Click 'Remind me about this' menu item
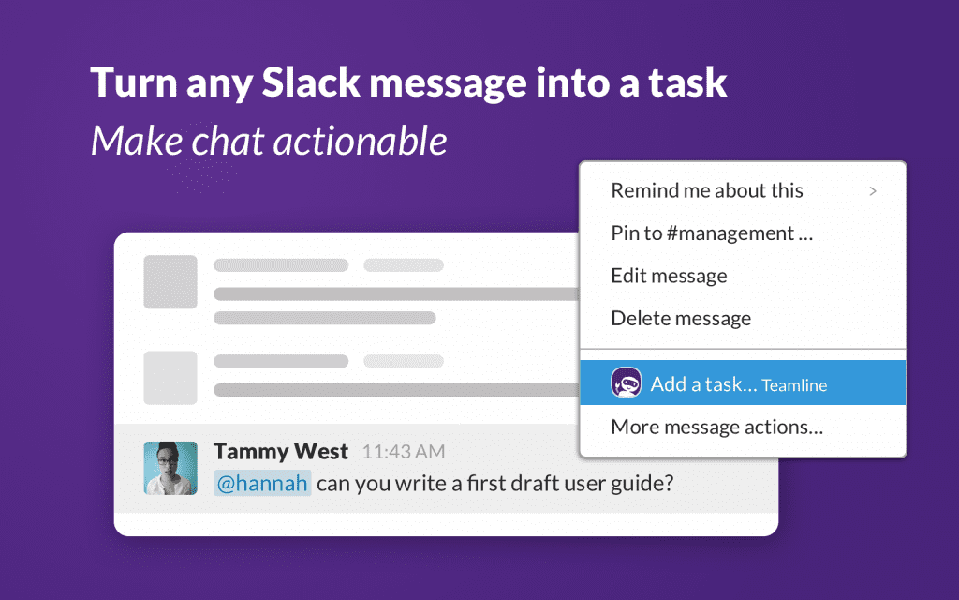(707, 191)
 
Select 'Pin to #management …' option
(712, 233)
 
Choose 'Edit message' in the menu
(669, 276)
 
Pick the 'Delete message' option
(681, 319)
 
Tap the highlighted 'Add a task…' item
(703, 384)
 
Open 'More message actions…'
(716, 427)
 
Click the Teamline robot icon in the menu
(626, 383)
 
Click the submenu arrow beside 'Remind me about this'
(873, 191)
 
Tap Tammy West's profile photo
(170, 468)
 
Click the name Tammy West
(281, 452)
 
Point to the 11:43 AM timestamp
(404, 453)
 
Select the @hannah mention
(262, 485)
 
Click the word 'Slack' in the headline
(312, 82)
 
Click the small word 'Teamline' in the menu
(794, 385)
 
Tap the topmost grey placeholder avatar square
(170, 282)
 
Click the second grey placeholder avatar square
(170, 378)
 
